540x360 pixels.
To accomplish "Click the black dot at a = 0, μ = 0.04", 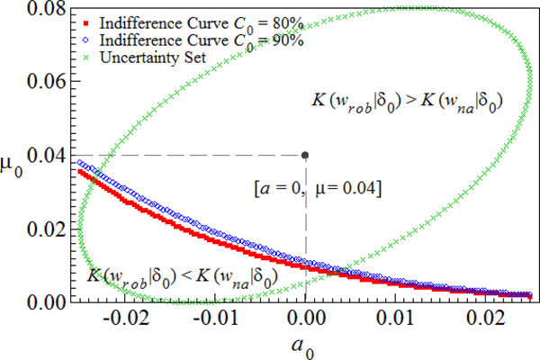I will (x=306, y=155).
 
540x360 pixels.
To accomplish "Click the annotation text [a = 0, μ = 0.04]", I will (x=319, y=190).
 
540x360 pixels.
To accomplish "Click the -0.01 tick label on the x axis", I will (x=214, y=321).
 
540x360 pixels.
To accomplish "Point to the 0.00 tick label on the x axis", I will (x=306, y=321).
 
